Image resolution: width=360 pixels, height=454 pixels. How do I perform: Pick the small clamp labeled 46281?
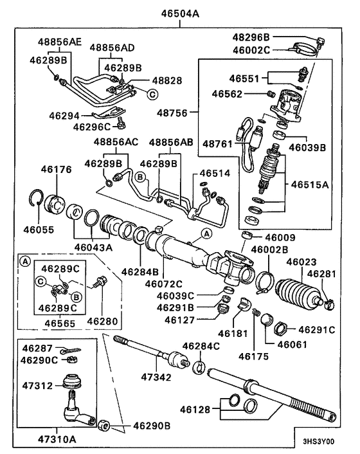[x=325, y=298]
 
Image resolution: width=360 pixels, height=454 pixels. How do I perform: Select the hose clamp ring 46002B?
[x=265, y=280]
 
